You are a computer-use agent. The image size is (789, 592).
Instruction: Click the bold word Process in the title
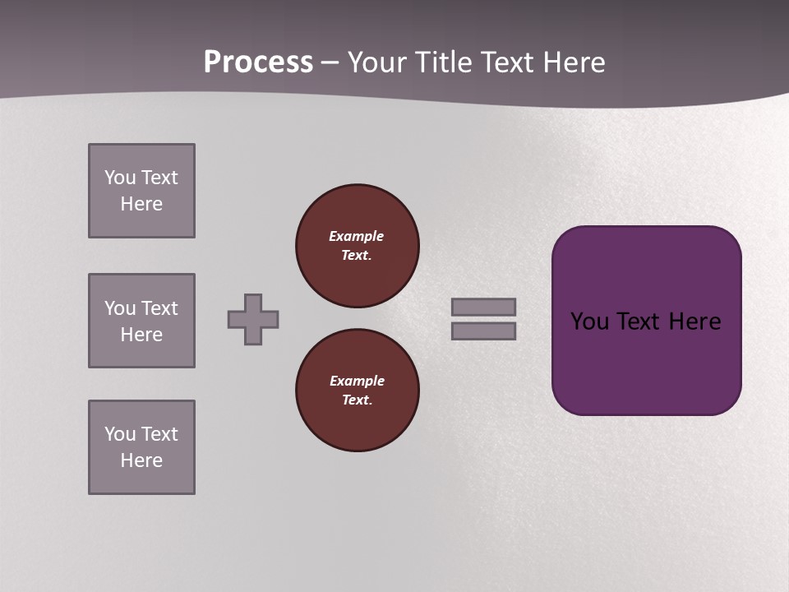click(258, 62)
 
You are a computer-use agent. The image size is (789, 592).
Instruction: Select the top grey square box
click(141, 191)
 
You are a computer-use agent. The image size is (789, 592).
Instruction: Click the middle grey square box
click(141, 321)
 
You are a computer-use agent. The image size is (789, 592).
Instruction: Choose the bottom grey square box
click(141, 447)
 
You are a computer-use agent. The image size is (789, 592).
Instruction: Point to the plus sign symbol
click(253, 319)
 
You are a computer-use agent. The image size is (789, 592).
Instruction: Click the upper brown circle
click(357, 246)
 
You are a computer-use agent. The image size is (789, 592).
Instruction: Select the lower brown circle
click(357, 391)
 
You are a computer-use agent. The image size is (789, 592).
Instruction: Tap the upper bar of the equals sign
click(483, 307)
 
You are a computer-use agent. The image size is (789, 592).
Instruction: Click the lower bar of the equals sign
click(483, 331)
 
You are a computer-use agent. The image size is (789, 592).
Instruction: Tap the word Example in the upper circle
click(356, 236)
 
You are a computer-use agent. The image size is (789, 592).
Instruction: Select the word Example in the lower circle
click(357, 381)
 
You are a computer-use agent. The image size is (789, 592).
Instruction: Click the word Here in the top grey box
click(141, 204)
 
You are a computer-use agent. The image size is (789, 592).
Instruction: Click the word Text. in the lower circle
click(357, 400)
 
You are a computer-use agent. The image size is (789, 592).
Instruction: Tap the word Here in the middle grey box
click(141, 335)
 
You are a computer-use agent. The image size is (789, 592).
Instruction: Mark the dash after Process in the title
click(330, 63)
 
